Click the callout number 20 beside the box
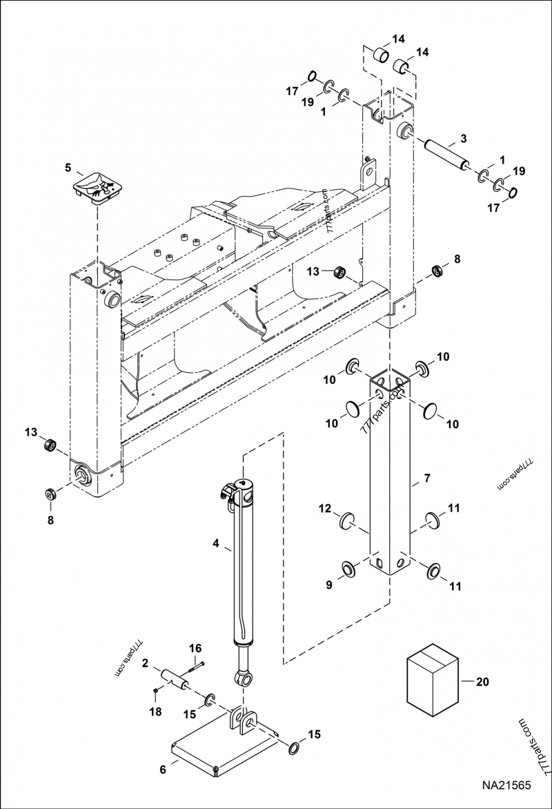(x=482, y=681)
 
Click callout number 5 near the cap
(x=68, y=167)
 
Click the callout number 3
(x=464, y=138)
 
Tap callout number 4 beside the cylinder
(x=216, y=545)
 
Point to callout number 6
(x=164, y=768)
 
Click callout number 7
(x=426, y=478)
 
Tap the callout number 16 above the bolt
(x=195, y=647)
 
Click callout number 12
(x=325, y=509)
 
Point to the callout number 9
(x=329, y=585)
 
